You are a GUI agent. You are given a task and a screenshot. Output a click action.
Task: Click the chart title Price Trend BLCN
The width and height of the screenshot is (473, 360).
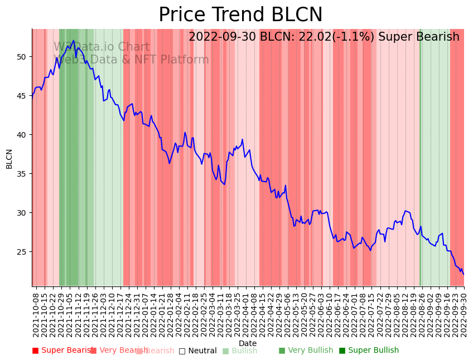tap(240, 15)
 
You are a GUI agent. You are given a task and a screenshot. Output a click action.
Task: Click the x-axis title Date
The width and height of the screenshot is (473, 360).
tap(248, 343)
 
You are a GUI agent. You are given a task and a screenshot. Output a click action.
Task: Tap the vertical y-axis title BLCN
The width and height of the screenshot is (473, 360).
tap(9, 158)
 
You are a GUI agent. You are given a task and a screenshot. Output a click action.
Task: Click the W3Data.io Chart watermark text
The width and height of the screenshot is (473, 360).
tap(102, 47)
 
